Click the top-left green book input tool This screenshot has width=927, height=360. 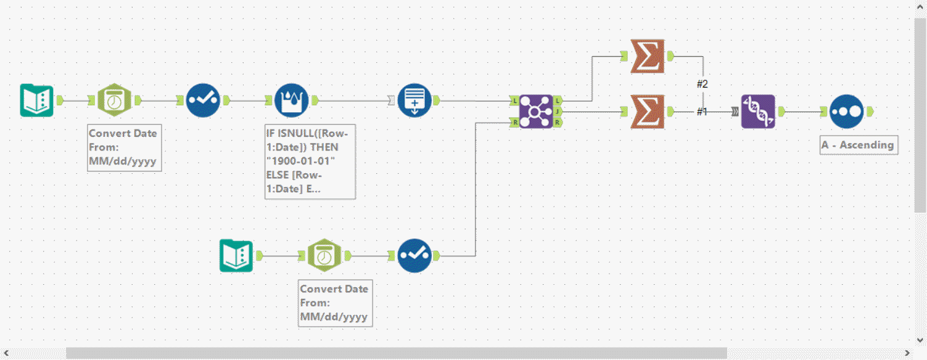coord(36,100)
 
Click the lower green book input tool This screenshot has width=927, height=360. coord(237,256)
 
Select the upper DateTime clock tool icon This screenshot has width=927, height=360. coord(114,100)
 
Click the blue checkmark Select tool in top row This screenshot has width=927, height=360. coord(203,100)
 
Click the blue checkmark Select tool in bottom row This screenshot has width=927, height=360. coord(414,256)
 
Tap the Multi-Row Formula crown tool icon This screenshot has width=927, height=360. coord(291,100)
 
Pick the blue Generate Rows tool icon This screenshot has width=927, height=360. coord(414,100)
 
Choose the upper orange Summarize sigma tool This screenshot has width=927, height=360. coord(648,56)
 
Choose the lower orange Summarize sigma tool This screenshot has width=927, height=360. coord(648,112)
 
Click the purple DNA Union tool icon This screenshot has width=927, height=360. coord(757,112)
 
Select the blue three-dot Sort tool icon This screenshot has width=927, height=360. coord(846,112)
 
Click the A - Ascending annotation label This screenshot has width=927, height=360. coord(858,145)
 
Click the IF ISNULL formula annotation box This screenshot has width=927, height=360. coord(310,161)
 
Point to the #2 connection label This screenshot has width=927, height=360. coord(702,84)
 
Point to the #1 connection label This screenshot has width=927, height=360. coord(702,112)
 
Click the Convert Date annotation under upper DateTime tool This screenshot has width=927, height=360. coord(124,147)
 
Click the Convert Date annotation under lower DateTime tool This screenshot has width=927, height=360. coord(335,303)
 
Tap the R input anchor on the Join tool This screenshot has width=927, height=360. coord(514,123)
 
